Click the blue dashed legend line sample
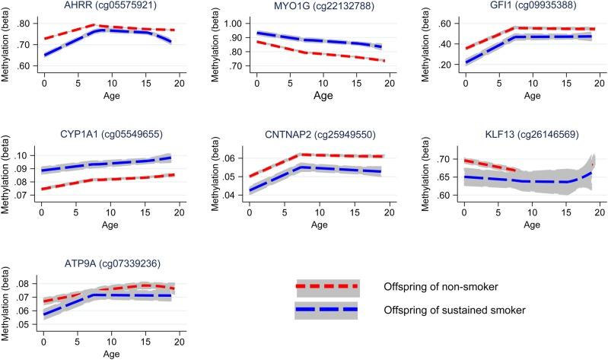tap(326, 308)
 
